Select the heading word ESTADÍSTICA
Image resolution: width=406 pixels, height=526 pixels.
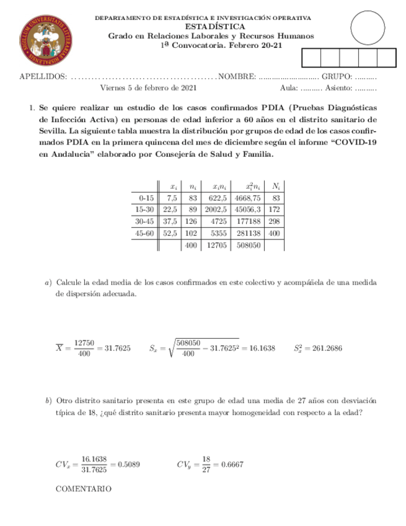tap(211, 27)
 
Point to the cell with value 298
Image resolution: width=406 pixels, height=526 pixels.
tap(275, 221)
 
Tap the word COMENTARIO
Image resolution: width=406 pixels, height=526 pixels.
tap(84, 489)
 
